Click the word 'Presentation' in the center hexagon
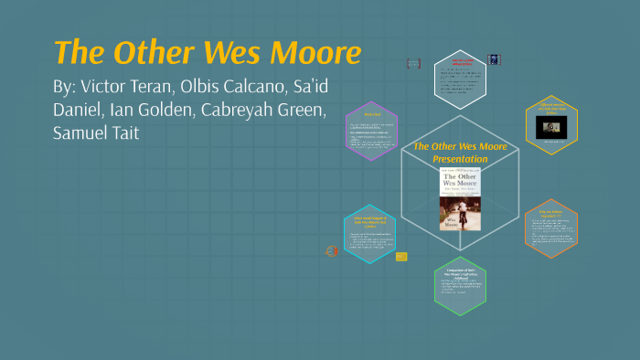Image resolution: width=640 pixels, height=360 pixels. pyautogui.click(x=461, y=159)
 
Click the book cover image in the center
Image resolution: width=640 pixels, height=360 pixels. pyautogui.click(x=462, y=199)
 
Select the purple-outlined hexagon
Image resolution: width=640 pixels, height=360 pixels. pyautogui.click(x=371, y=131)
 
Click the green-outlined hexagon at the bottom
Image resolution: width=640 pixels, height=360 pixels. pyautogui.click(x=461, y=285)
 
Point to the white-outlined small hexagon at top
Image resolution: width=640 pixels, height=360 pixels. pyautogui.click(x=461, y=75)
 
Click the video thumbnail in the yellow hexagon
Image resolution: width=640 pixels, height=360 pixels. pyautogui.click(x=551, y=125)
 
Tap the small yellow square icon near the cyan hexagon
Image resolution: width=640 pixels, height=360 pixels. pyautogui.click(x=401, y=257)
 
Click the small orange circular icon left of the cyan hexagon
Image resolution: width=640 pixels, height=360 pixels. pyautogui.click(x=332, y=250)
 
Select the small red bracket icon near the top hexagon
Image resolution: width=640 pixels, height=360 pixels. pyautogui.click(x=413, y=64)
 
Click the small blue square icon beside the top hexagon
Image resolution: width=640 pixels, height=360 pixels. pyautogui.click(x=495, y=58)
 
